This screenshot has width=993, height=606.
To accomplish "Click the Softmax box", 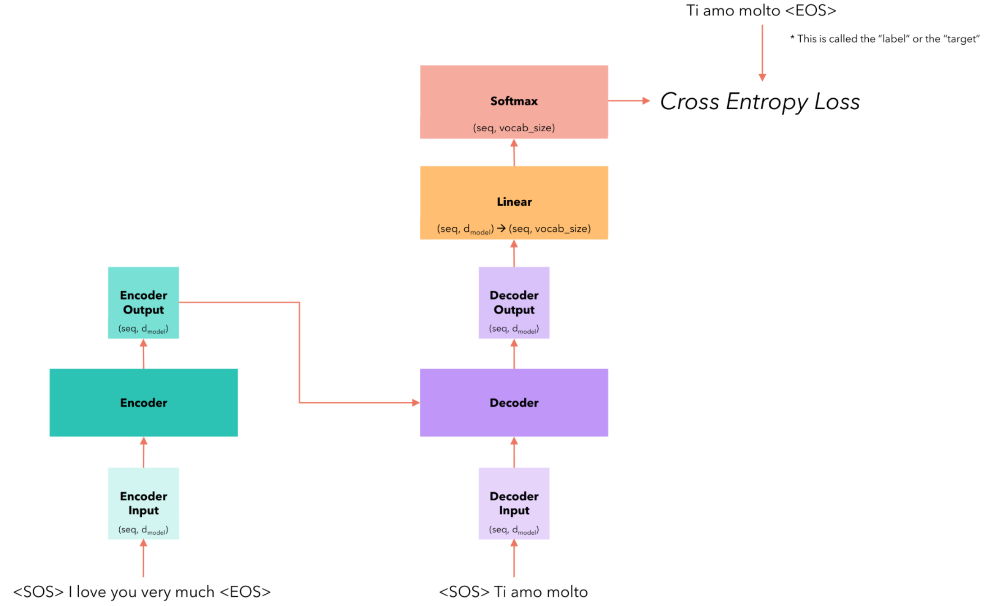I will click(514, 101).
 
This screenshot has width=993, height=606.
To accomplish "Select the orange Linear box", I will click(514, 202).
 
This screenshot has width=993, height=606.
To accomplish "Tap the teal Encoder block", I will click(143, 402).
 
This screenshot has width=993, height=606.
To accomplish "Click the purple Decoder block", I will click(514, 402).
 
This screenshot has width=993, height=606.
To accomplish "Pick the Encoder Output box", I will click(143, 303).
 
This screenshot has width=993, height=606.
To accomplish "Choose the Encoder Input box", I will click(143, 503).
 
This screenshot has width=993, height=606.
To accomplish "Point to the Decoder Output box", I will click(514, 303).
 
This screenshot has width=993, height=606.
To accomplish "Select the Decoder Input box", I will click(514, 503).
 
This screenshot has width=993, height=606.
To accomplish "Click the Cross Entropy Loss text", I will click(760, 101).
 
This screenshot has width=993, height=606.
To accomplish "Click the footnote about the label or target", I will click(884, 39).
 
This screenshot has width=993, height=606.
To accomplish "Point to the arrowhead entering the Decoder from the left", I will click(416, 403).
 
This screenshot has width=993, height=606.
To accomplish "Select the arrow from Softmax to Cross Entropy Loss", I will click(629, 101).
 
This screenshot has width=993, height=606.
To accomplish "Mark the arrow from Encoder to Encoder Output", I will click(144, 354).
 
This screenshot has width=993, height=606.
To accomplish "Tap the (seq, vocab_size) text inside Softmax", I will click(514, 128).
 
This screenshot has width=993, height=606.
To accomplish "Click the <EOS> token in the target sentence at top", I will click(811, 10).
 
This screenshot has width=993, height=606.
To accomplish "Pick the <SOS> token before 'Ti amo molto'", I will click(464, 592).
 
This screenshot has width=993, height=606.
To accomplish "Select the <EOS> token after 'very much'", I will click(245, 592).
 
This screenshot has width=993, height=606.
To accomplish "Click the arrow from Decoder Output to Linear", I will click(514, 253).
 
